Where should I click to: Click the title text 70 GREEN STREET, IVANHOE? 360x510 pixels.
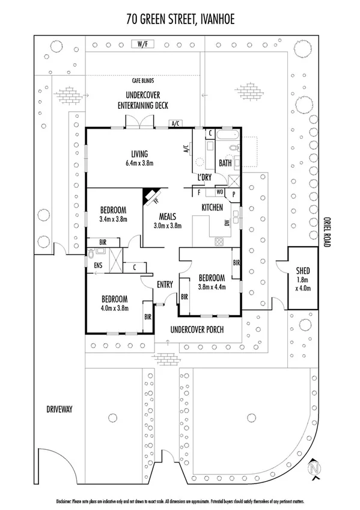pos(180,19)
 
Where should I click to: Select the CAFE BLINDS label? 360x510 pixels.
pos(145,79)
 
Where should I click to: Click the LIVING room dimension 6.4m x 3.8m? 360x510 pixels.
pos(140,163)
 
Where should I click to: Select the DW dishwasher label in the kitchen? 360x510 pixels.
pos(227,223)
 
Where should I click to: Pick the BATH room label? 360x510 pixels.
pos(225,163)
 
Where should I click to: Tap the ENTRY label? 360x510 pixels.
pos(165,284)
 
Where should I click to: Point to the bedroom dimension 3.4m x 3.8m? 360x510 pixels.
pos(113,220)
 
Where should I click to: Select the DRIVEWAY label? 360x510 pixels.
pos(59,409)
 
